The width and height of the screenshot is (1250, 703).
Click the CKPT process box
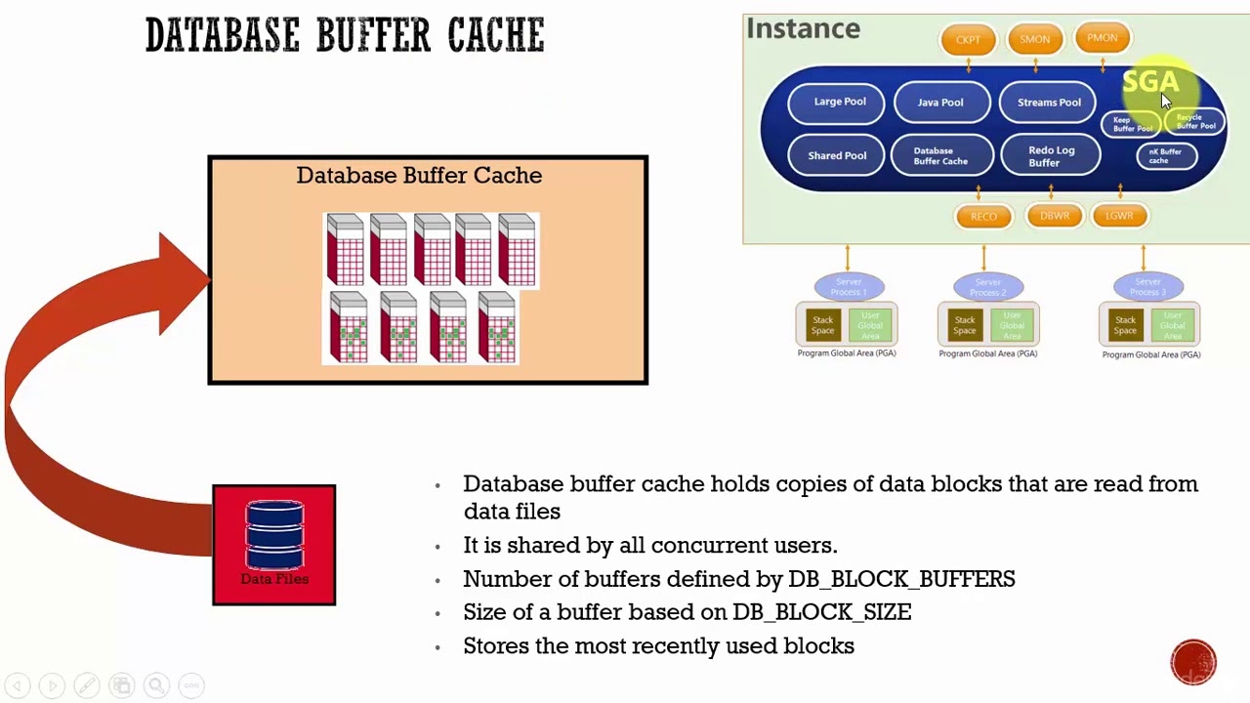[x=968, y=40]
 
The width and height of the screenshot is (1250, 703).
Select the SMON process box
[x=1034, y=40]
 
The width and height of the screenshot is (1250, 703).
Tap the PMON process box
[x=1102, y=38]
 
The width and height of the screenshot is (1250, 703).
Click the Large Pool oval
[x=840, y=102]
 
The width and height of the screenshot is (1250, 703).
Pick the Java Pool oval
[x=939, y=102]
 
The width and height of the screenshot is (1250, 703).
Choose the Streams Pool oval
[x=1049, y=102]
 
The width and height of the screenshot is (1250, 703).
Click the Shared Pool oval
[x=837, y=156]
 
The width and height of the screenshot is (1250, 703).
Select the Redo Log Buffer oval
[x=1051, y=156]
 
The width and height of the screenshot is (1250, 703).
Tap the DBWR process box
[x=1054, y=216]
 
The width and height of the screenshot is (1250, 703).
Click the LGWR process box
[x=1119, y=216]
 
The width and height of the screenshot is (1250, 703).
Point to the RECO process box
[x=983, y=217]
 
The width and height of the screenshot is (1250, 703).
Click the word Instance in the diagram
[x=803, y=29]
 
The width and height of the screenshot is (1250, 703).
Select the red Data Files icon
[x=273, y=544]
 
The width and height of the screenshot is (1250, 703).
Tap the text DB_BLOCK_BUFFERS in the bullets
[x=900, y=579]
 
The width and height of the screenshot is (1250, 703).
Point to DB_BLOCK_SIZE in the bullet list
[x=821, y=612]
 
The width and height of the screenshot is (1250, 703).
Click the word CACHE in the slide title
[x=496, y=36]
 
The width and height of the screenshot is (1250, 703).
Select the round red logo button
[x=1193, y=662]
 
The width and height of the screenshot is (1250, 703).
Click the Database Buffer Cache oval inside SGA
[x=939, y=156]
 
